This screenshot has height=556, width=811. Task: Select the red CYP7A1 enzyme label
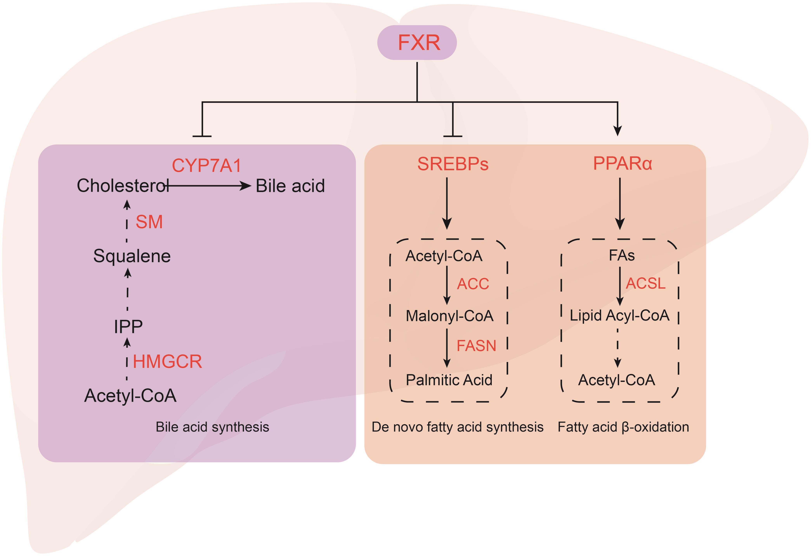click(x=207, y=165)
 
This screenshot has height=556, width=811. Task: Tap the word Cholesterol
click(x=122, y=186)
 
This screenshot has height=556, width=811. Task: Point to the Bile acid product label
click(x=290, y=186)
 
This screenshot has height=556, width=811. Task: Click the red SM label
click(x=149, y=222)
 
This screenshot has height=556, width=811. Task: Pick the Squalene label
click(x=132, y=256)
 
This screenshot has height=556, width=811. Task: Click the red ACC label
click(x=473, y=284)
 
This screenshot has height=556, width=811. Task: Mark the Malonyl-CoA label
click(x=449, y=316)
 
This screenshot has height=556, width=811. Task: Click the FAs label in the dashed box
click(x=622, y=255)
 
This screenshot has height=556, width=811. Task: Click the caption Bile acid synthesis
click(x=212, y=427)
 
